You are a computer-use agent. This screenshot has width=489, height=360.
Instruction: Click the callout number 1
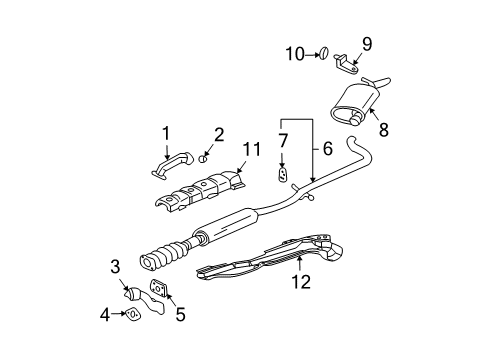click(x=167, y=132)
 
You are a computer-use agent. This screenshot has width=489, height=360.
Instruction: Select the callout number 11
click(x=251, y=150)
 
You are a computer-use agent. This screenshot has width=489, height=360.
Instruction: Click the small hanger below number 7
click(x=283, y=176)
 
